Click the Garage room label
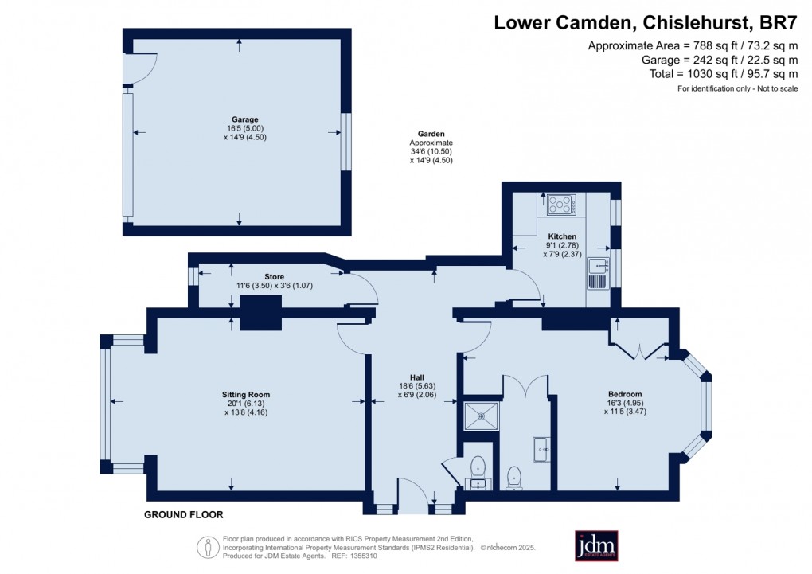(245, 119)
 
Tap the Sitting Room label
(246, 395)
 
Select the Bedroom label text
(625, 394)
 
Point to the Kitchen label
(562, 236)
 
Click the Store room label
(275, 276)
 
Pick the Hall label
(417, 377)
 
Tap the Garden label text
(431, 134)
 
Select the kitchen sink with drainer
(598, 274)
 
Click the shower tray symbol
(482, 416)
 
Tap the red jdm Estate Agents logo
(596, 545)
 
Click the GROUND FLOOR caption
(184, 515)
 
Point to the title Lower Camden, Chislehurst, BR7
(646, 23)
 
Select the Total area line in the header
(724, 74)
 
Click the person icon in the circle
(208, 547)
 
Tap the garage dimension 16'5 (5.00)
(245, 128)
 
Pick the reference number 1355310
(363, 556)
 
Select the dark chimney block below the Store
(261, 312)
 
